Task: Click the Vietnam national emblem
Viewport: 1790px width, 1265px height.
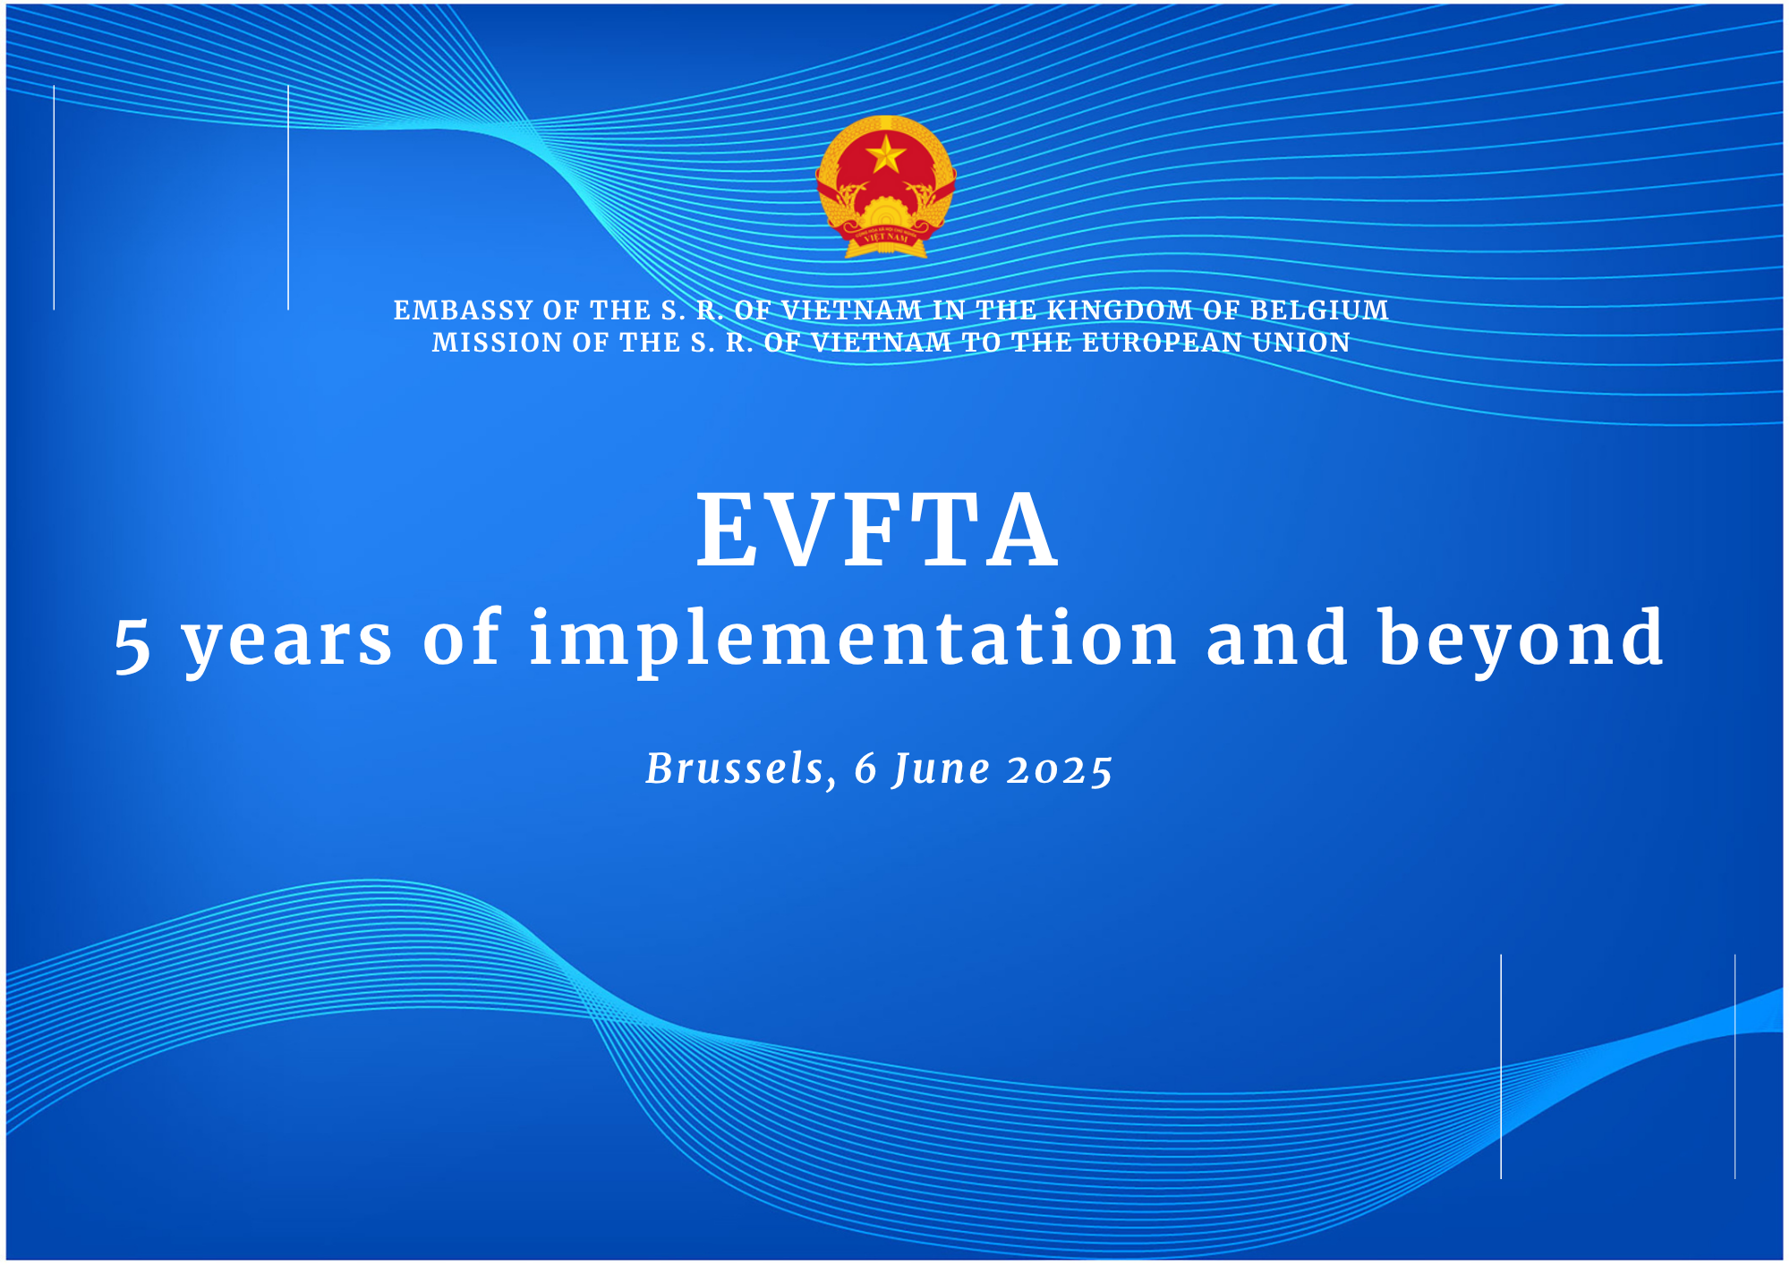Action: point(886,187)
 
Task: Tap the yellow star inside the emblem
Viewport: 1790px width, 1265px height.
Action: point(886,156)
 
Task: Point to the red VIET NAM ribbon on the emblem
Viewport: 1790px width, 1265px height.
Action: point(886,238)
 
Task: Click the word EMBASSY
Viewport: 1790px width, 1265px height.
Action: point(464,310)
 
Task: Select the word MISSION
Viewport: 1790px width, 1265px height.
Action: point(498,343)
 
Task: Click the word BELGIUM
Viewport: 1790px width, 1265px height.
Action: point(1319,310)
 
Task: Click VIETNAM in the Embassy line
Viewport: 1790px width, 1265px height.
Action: point(852,310)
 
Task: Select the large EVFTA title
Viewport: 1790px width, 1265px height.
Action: point(878,531)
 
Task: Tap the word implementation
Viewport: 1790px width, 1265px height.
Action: point(852,641)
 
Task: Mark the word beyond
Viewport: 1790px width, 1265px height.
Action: point(1521,641)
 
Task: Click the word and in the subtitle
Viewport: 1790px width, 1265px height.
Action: point(1277,639)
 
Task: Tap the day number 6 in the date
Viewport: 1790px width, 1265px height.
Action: point(865,769)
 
